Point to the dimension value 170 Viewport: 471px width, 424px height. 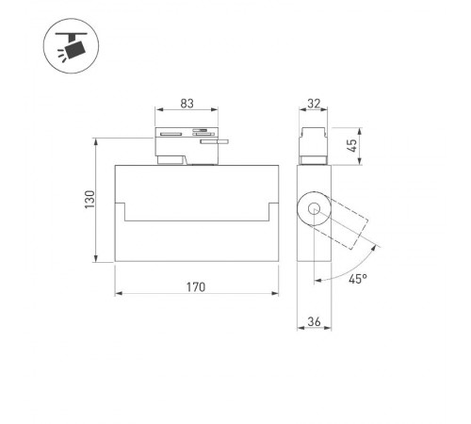tap(196, 285)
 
